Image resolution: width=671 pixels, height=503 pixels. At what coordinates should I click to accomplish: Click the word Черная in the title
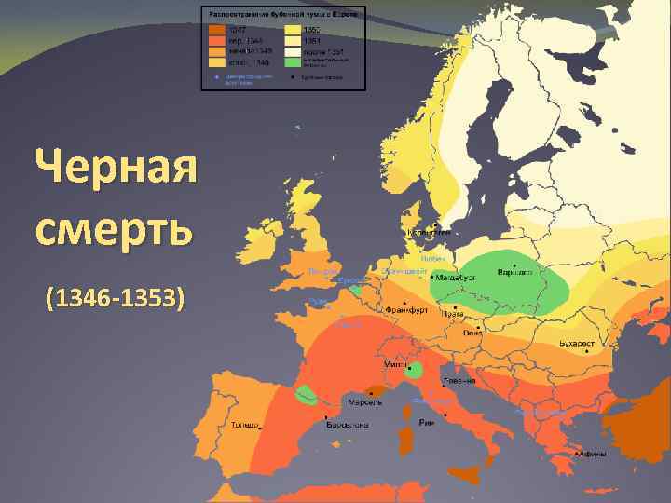pos(116,170)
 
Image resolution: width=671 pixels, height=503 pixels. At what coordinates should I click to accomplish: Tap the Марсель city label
pos(365,402)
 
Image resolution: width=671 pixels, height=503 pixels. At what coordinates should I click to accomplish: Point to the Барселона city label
pos(348,426)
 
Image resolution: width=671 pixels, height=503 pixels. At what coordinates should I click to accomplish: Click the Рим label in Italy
pos(427,422)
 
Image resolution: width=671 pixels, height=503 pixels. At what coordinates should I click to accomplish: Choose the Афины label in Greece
pos(593,455)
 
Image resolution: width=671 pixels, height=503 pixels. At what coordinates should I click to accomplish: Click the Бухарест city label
pos(577,344)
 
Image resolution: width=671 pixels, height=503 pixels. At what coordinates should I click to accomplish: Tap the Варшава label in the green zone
pos(514,272)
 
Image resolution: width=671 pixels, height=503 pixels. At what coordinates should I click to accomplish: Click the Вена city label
pos(473,332)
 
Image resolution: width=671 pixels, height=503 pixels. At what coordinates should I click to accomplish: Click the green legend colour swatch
pos(293,62)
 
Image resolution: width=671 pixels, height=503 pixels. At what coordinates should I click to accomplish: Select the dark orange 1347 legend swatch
pos(215,29)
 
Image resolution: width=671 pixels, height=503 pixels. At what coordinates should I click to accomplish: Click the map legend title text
pos(284,15)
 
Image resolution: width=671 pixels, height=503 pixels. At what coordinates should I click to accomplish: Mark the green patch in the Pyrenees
pos(305,395)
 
